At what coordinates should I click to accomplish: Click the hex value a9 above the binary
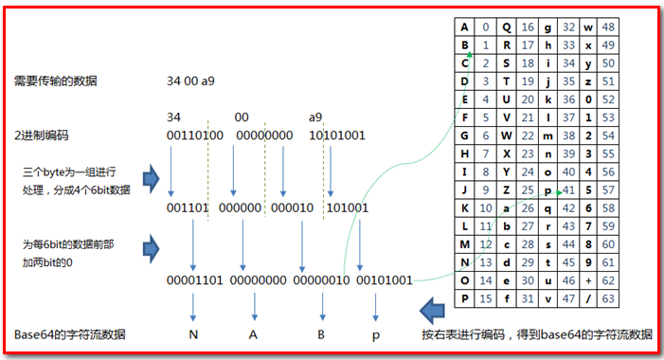point(315,117)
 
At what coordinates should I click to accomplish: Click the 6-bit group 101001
point(349,207)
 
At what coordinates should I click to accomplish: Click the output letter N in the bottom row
point(194,334)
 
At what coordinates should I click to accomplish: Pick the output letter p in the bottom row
point(376,334)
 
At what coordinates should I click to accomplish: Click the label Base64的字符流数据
point(69,335)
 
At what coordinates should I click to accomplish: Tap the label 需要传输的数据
point(56,81)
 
